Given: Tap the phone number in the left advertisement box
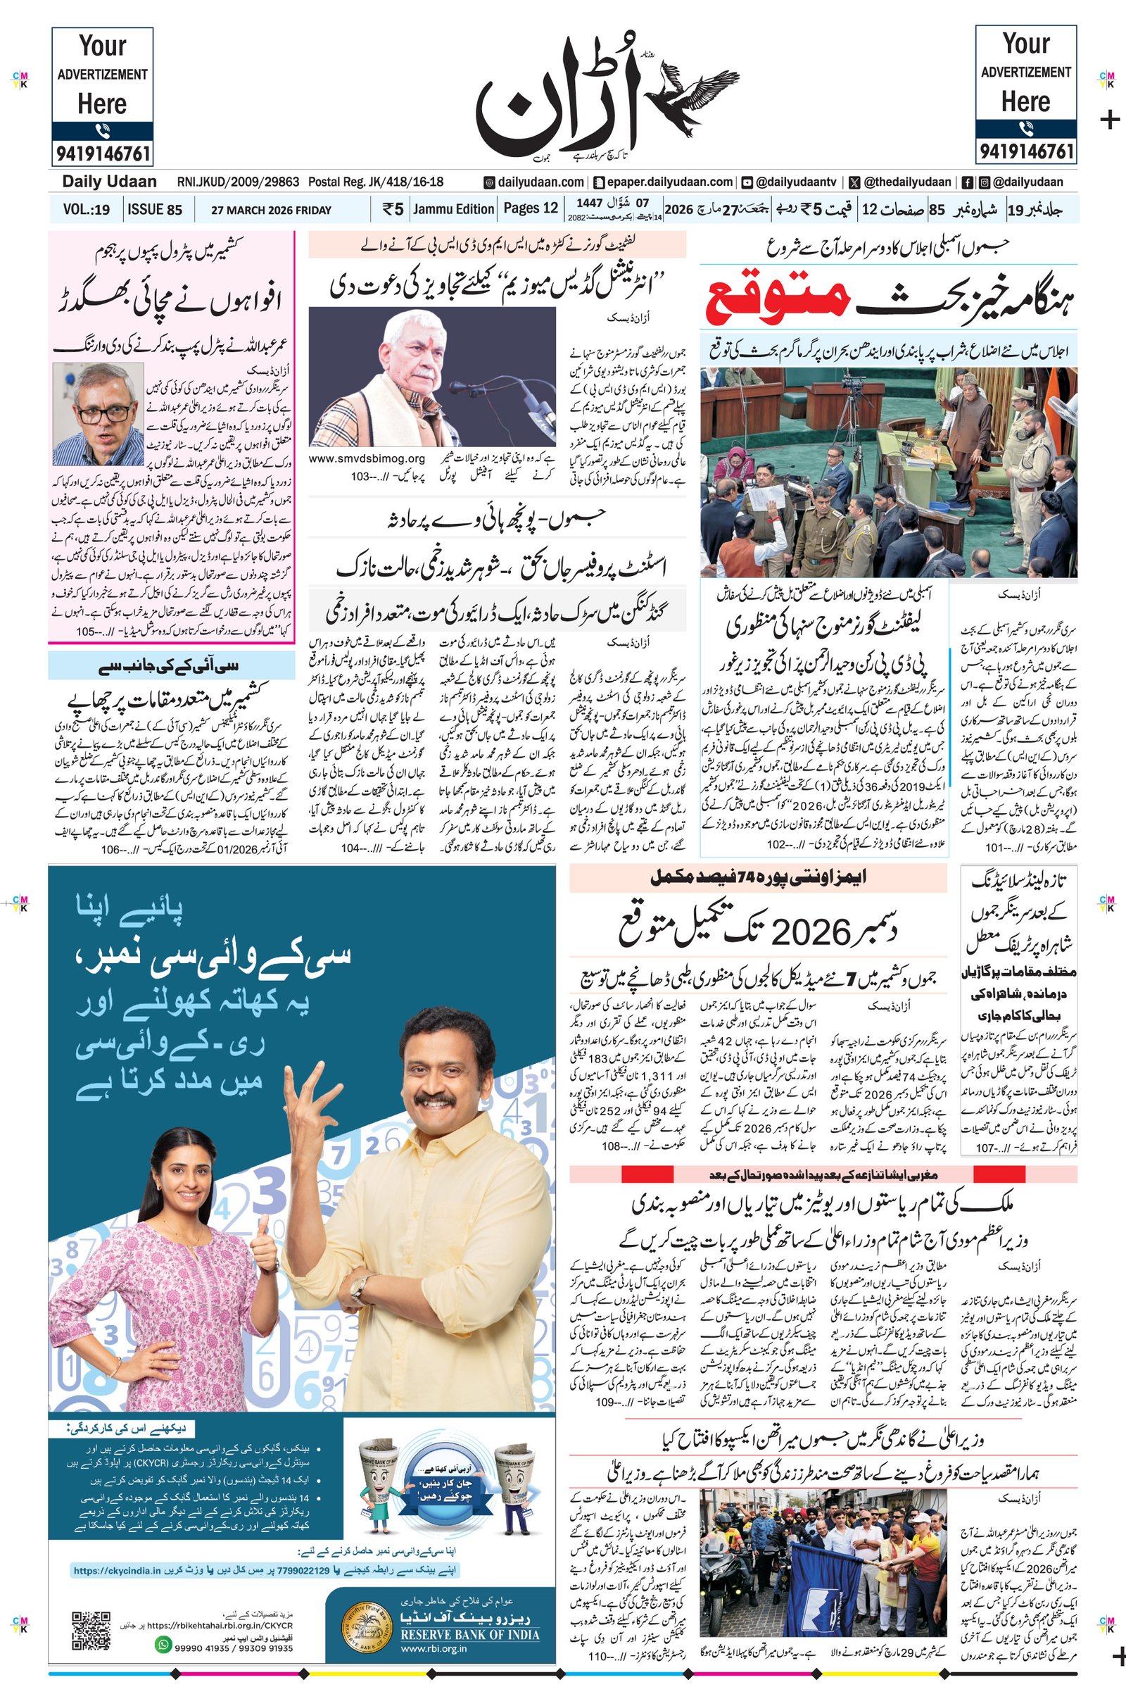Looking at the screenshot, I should click(x=102, y=153).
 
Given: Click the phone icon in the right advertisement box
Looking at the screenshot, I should click(x=1025, y=130).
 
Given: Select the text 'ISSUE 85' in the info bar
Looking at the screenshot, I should click(x=154, y=210).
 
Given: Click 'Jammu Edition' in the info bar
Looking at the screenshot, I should click(x=454, y=209).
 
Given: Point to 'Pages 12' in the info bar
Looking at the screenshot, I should click(x=531, y=208).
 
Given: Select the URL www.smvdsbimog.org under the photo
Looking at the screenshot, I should click(x=367, y=458).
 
